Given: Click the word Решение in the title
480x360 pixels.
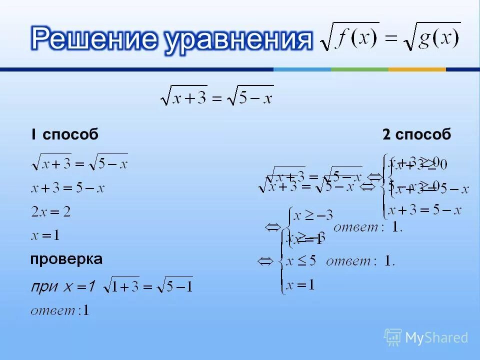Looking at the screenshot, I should click(x=94, y=38).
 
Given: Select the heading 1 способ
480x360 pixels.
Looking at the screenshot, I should click(x=64, y=134).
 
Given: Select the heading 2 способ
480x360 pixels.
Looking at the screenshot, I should click(x=416, y=134).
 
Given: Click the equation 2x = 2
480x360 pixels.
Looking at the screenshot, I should click(x=50, y=212).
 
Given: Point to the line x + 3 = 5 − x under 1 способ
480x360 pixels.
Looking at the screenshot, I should click(x=67, y=188).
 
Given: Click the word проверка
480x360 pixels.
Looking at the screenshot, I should click(x=66, y=259).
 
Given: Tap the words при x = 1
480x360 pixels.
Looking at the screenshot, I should click(x=63, y=286).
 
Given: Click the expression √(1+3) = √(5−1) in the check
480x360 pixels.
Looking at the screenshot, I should click(x=147, y=285).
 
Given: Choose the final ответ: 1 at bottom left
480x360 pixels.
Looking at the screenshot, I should click(x=60, y=310).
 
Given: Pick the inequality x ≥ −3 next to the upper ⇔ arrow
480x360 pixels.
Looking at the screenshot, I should click(x=313, y=216).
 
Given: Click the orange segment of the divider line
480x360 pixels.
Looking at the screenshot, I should click(x=416, y=69).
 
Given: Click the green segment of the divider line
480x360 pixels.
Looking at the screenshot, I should click(x=359, y=69).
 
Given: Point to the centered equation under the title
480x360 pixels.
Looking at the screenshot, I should click(x=216, y=96).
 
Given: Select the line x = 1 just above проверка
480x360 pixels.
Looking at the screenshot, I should click(x=45, y=235).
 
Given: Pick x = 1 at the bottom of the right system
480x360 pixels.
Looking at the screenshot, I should click(x=300, y=285).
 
